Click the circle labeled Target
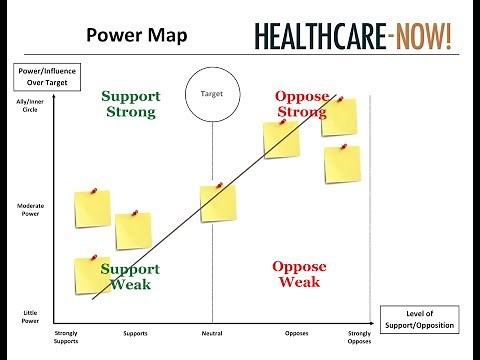(x=211, y=101)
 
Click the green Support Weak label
(x=130, y=277)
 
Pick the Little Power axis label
(x=30, y=317)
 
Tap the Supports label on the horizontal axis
(x=136, y=332)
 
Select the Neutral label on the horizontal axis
(x=212, y=332)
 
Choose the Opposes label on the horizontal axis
(x=296, y=332)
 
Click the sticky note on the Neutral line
(x=218, y=202)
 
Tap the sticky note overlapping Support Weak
(x=92, y=275)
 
